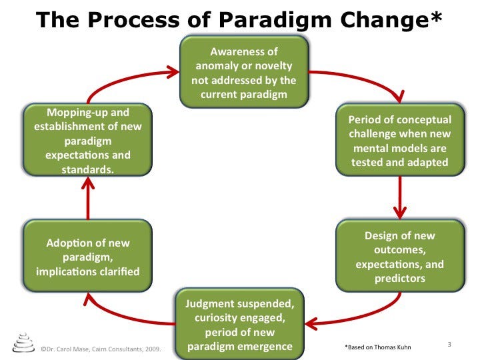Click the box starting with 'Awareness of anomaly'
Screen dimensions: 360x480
point(244,73)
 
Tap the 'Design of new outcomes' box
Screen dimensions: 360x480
point(399,257)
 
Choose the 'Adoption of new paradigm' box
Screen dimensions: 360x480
point(87,257)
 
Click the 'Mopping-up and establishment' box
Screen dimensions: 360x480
point(87,141)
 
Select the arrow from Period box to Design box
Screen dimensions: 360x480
point(400,197)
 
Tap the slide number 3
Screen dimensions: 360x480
point(449,344)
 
